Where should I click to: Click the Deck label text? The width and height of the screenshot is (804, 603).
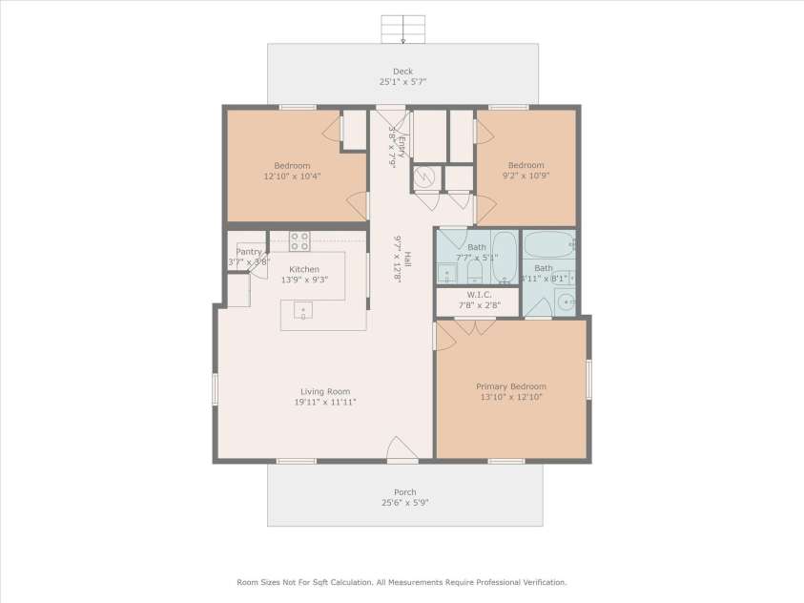(x=402, y=71)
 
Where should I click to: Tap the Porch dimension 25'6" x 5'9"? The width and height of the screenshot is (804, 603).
(x=404, y=503)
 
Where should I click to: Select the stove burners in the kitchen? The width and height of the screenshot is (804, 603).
(x=299, y=240)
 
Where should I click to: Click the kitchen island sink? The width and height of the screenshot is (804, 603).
(x=302, y=309)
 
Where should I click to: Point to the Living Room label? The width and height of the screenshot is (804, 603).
(x=325, y=391)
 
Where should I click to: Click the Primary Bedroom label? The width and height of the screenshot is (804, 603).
(x=509, y=386)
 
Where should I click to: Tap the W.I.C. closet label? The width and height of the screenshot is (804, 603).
(x=478, y=294)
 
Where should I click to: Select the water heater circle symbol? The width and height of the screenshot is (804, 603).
(x=427, y=177)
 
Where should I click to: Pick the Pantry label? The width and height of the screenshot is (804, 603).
(x=249, y=252)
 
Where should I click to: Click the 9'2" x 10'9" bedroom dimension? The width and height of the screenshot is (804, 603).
(x=526, y=176)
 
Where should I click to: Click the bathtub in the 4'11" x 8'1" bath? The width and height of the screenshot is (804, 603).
(x=549, y=244)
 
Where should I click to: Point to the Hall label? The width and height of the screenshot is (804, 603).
(x=406, y=258)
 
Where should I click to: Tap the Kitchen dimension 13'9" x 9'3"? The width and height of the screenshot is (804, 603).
(x=304, y=281)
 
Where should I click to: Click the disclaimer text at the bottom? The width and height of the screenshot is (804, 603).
(x=402, y=581)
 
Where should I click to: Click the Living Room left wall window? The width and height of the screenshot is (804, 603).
(x=216, y=389)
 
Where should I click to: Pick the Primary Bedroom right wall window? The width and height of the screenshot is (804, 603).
(x=588, y=380)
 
